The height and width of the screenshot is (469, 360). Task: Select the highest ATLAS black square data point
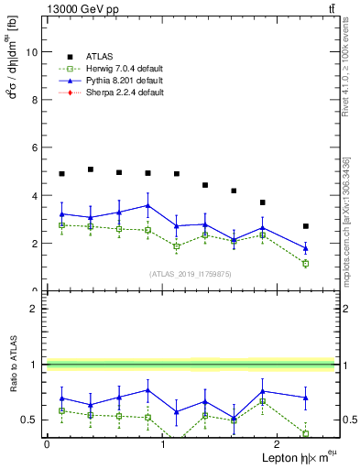(91, 169)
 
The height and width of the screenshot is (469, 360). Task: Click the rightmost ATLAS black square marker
(306, 226)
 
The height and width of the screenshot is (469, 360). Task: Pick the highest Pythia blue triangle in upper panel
(147, 205)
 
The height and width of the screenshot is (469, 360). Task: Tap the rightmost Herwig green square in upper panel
(306, 264)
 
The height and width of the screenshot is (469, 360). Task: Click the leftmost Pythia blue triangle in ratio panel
(61, 398)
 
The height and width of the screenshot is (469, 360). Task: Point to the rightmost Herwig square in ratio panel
(306, 433)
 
